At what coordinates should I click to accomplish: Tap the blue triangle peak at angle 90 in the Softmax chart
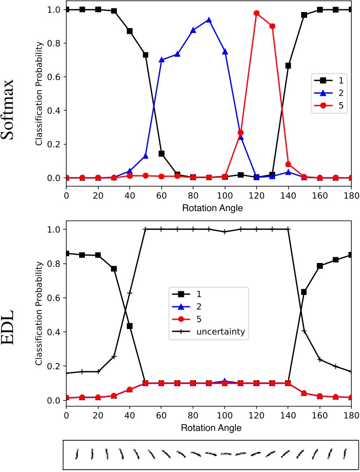tap(209, 20)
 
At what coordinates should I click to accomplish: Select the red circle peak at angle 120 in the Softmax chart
tap(256, 13)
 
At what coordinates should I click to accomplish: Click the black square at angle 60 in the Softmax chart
tap(161, 153)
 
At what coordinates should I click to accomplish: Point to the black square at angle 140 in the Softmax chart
tap(288, 65)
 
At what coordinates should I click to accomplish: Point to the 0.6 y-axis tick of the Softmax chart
tap(53, 77)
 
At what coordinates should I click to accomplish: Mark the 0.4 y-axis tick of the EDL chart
tap(53, 332)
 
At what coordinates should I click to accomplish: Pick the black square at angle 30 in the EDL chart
tap(114, 269)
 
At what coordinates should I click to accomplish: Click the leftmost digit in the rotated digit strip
tap(78, 454)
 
